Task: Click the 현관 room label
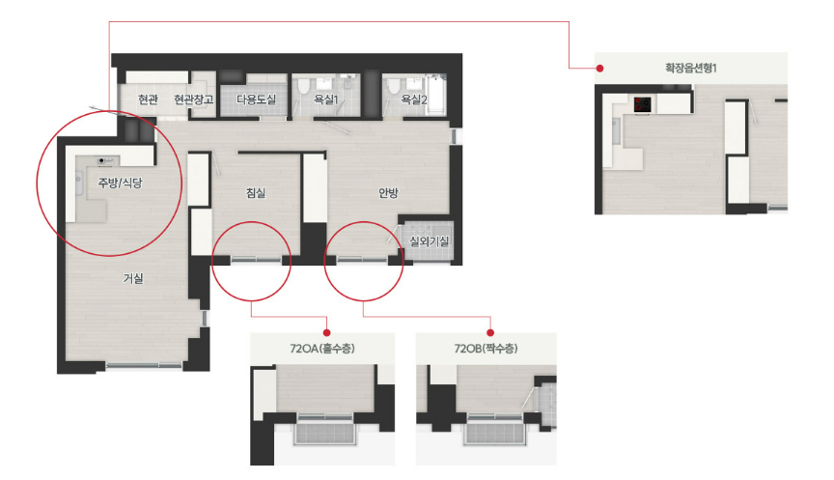tap(148, 99)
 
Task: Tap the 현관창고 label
tap(193, 99)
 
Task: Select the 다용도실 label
tap(256, 99)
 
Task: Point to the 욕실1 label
tap(325, 99)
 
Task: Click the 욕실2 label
tap(414, 99)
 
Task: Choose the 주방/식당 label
tap(121, 184)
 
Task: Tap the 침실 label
tap(255, 192)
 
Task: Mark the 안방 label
tap(388, 192)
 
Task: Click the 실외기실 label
tap(429, 241)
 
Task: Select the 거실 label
tap(133, 278)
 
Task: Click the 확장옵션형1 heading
tap(691, 68)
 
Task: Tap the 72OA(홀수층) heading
tap(322, 349)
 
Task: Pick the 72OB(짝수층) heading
tap(486, 349)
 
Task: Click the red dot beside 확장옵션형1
tap(600, 69)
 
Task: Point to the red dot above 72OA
tap(326, 332)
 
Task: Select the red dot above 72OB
tap(490, 332)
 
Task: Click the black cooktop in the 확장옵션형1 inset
tap(643, 104)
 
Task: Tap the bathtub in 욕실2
tap(436, 95)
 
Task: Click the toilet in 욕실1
tap(304, 87)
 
